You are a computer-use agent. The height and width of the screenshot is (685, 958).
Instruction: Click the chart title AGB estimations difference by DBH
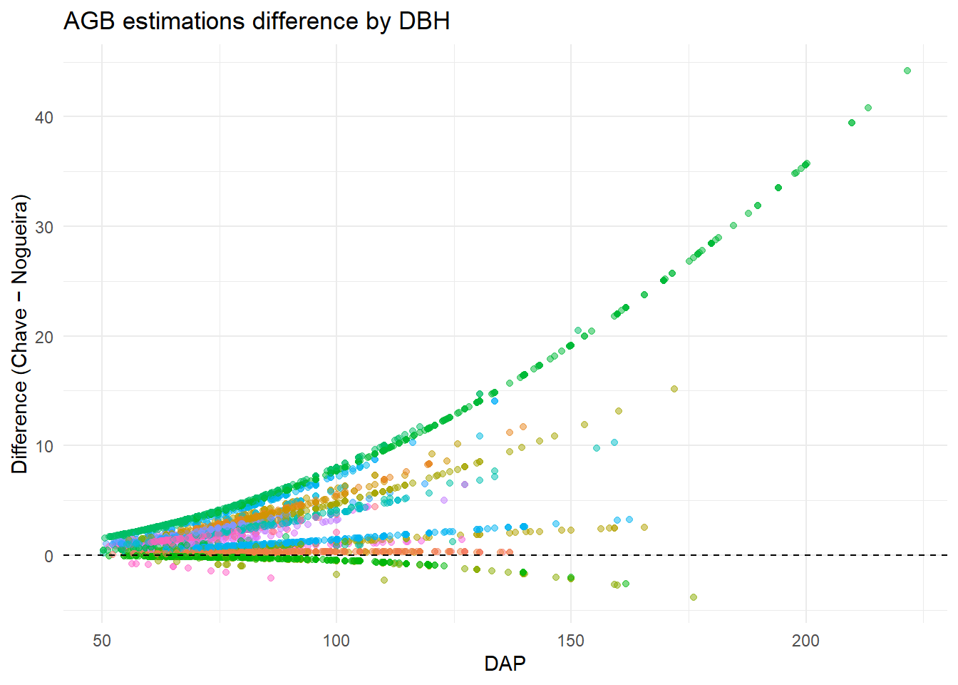[257, 21]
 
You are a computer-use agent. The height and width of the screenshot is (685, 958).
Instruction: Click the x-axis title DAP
[505, 664]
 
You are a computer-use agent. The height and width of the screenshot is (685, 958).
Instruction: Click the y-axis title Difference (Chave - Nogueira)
[20, 334]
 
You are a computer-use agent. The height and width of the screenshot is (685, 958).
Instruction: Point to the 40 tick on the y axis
[44, 117]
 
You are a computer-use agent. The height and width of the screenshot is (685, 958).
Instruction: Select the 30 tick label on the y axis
[44, 227]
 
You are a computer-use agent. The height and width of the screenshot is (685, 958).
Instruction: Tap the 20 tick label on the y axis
[44, 337]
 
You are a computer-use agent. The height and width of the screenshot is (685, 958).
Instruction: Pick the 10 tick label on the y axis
[44, 446]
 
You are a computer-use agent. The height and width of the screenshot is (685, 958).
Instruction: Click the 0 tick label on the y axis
[48, 556]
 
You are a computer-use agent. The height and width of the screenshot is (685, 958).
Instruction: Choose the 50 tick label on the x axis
[102, 640]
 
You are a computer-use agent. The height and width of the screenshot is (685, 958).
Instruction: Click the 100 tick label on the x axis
[336, 640]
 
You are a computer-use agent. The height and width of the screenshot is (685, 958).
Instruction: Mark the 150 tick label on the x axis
[571, 640]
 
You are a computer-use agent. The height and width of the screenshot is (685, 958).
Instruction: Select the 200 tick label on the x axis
[805, 640]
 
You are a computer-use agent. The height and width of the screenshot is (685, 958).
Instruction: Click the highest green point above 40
[907, 71]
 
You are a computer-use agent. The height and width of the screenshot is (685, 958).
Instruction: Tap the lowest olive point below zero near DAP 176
[694, 597]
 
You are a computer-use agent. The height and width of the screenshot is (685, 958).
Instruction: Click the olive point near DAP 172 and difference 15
[674, 389]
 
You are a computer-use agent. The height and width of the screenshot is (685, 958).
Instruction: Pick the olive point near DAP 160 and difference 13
[619, 411]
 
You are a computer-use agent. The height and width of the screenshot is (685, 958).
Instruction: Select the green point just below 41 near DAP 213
[868, 108]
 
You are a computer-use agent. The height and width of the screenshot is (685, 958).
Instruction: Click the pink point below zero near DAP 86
[271, 578]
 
